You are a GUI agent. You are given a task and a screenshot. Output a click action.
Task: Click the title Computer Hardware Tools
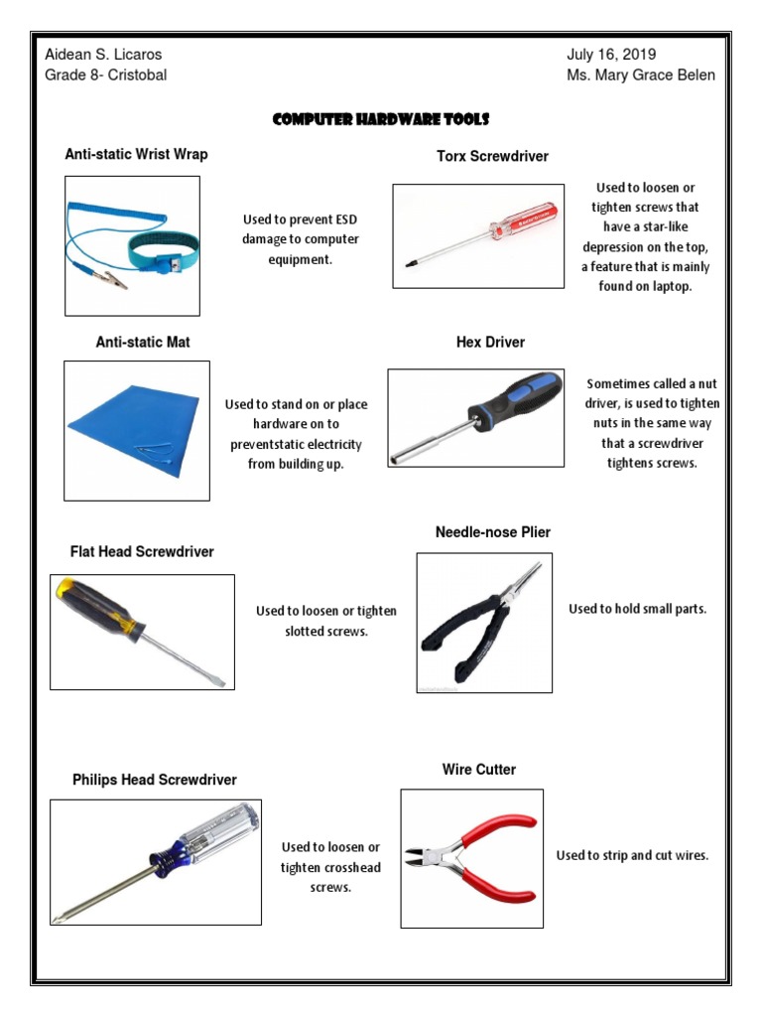click(381, 120)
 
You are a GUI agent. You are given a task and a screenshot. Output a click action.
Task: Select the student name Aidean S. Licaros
click(103, 55)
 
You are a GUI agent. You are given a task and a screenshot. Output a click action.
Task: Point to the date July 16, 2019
click(611, 55)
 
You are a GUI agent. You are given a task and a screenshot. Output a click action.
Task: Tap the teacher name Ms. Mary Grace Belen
click(641, 75)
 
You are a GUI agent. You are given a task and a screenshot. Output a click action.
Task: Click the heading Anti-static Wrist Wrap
click(136, 154)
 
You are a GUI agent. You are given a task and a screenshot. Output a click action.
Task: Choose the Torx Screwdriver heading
click(492, 156)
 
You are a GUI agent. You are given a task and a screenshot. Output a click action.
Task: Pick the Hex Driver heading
click(490, 342)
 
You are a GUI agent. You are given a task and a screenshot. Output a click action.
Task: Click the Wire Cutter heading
click(479, 770)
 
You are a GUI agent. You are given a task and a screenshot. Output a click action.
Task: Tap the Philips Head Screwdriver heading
click(155, 780)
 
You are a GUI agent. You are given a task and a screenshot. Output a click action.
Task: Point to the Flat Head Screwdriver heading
click(142, 551)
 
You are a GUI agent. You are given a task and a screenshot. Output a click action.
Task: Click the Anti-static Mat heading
click(143, 342)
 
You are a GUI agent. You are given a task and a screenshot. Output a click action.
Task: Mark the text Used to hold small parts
click(637, 609)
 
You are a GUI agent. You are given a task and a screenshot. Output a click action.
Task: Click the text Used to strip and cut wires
click(632, 855)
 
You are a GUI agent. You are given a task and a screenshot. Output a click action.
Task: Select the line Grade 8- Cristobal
click(105, 75)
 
